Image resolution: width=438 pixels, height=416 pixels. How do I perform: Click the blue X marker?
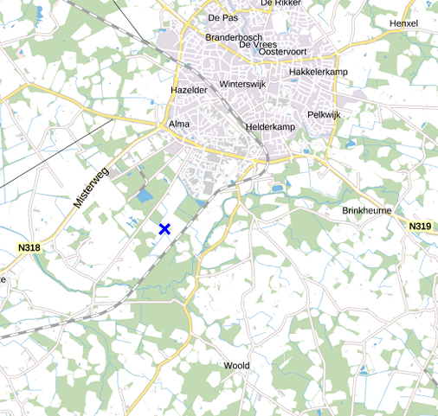click(x=164, y=228)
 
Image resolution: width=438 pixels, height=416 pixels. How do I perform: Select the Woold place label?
click(x=236, y=366)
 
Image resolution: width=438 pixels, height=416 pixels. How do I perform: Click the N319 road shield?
click(x=420, y=227)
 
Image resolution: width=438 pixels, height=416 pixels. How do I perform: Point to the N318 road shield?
click(x=29, y=248)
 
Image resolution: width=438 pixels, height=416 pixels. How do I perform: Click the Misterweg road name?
click(x=89, y=188)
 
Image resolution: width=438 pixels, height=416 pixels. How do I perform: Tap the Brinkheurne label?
click(x=367, y=211)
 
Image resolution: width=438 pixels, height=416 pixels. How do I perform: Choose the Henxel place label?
click(x=404, y=23)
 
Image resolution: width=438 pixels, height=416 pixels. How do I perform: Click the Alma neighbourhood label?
click(x=179, y=125)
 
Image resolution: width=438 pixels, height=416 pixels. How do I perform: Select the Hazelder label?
click(x=190, y=90)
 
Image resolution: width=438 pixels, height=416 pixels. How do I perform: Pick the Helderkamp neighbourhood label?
click(x=271, y=127)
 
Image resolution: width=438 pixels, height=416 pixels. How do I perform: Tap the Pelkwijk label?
click(x=325, y=114)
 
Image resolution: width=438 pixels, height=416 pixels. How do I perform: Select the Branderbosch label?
click(x=234, y=37)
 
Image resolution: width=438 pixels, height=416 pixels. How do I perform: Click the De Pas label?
click(x=222, y=17)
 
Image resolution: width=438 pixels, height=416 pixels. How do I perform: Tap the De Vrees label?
click(x=258, y=44)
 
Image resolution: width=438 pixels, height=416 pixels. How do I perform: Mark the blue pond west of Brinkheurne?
click(x=277, y=188)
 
